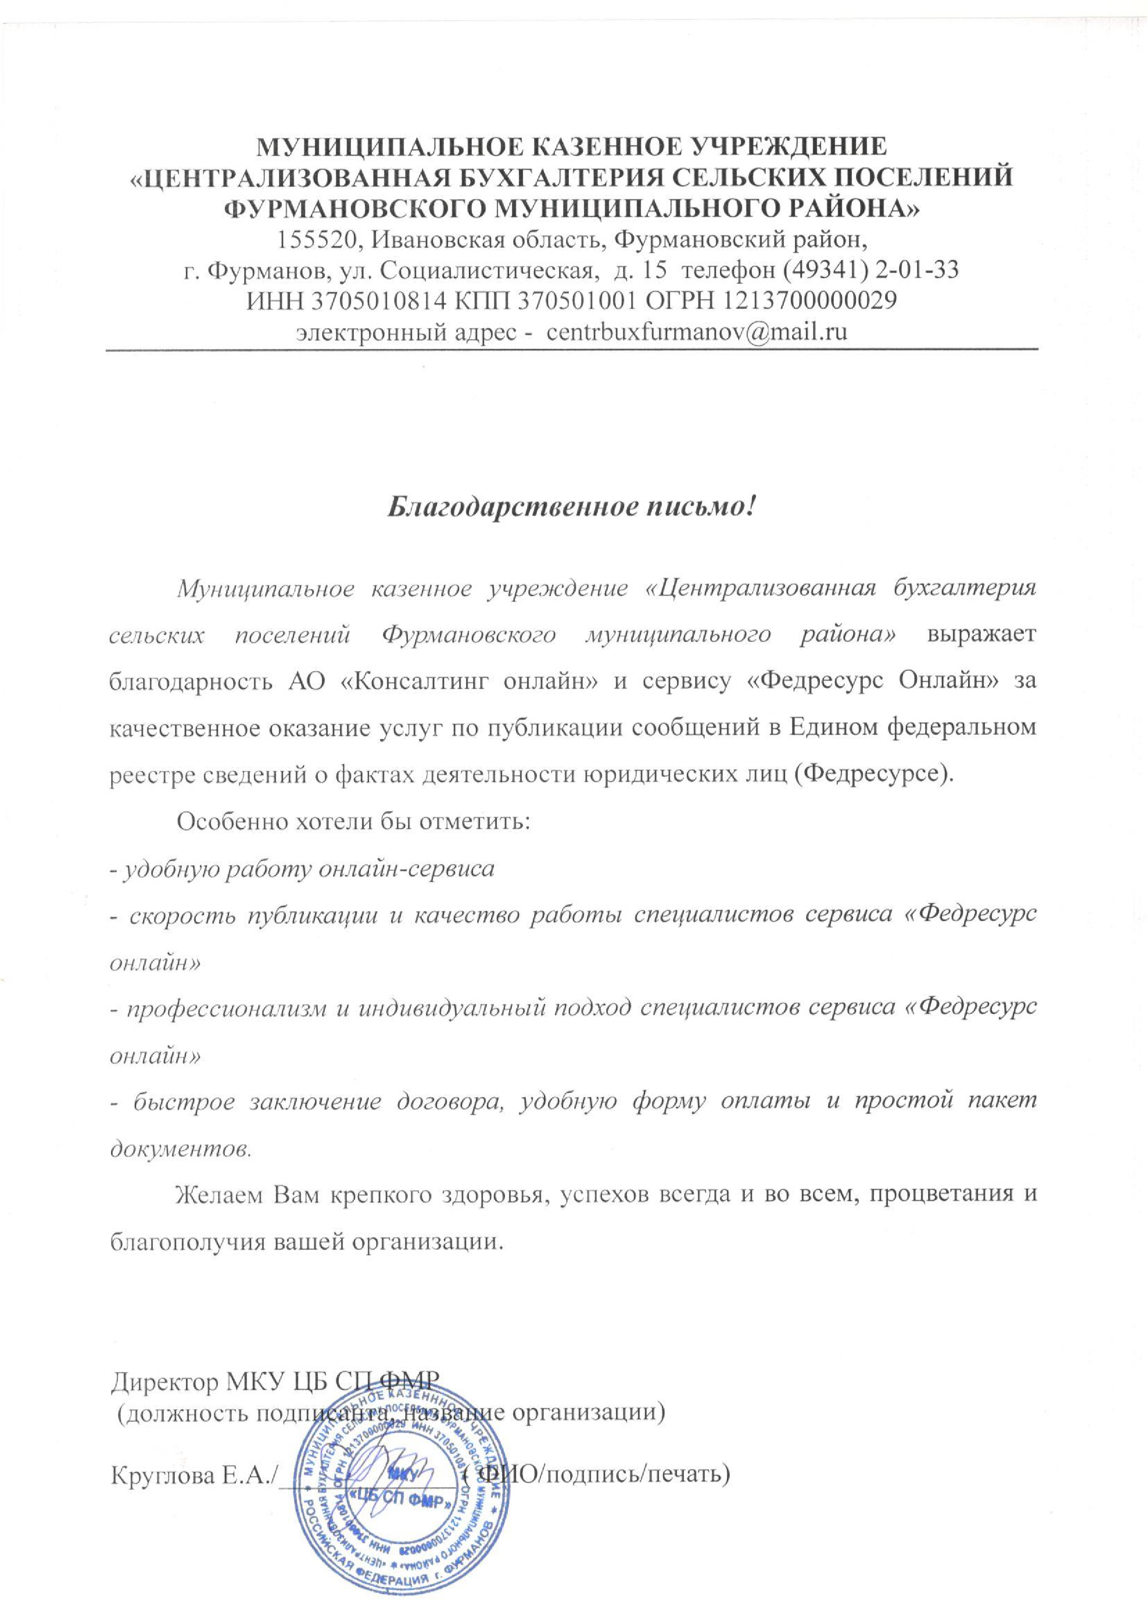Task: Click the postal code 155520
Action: click(317, 241)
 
